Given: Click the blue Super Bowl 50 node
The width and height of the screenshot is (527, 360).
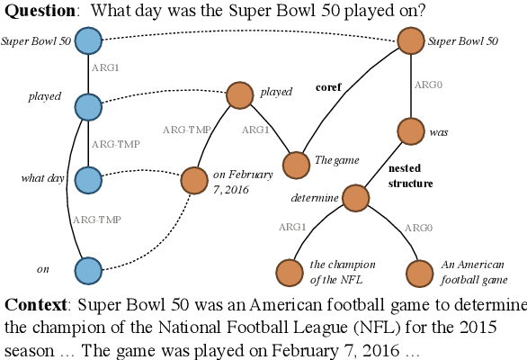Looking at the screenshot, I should click(88, 41).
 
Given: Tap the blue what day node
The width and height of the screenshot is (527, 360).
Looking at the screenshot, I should click(88, 179).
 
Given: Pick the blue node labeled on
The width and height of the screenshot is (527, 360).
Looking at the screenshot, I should click(88, 268).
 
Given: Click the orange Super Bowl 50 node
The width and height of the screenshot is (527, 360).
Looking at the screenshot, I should click(411, 41).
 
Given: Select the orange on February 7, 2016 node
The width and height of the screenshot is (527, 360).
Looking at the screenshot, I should click(194, 180).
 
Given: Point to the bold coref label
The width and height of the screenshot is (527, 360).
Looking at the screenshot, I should click(329, 88).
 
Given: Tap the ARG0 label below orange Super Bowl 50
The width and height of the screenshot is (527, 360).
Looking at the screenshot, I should click(426, 85).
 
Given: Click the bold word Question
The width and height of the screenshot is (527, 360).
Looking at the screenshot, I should click(35, 10).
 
